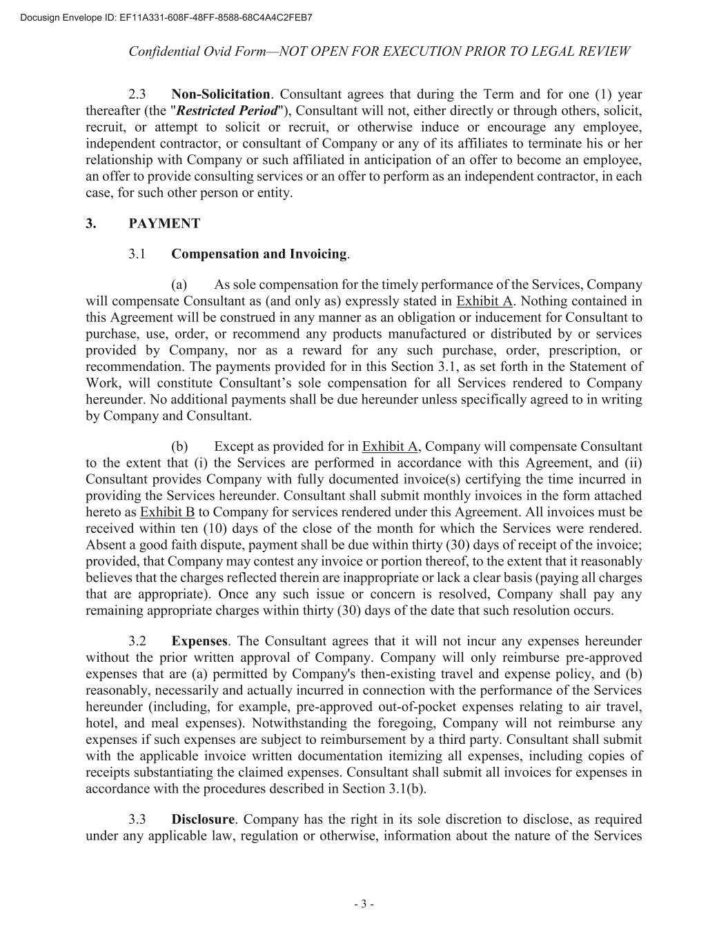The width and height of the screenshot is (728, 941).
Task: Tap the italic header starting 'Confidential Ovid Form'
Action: (379, 52)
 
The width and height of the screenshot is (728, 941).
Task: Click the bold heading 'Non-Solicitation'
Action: (220, 94)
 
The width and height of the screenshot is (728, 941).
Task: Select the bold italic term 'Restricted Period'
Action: (227, 111)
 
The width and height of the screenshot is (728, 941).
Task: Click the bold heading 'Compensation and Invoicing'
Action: (259, 254)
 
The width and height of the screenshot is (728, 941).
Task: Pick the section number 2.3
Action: (137, 94)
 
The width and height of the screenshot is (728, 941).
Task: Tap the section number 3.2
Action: (137, 641)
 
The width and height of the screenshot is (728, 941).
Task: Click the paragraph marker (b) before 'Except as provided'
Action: (179, 447)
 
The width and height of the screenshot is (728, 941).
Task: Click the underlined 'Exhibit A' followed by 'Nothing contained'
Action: (484, 301)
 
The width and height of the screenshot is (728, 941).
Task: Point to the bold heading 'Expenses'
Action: (199, 641)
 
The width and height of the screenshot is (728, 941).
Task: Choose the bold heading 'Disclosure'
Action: (203, 820)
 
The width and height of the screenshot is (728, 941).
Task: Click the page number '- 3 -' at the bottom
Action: (364, 904)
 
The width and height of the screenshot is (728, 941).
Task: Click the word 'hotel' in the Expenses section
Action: (99, 723)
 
